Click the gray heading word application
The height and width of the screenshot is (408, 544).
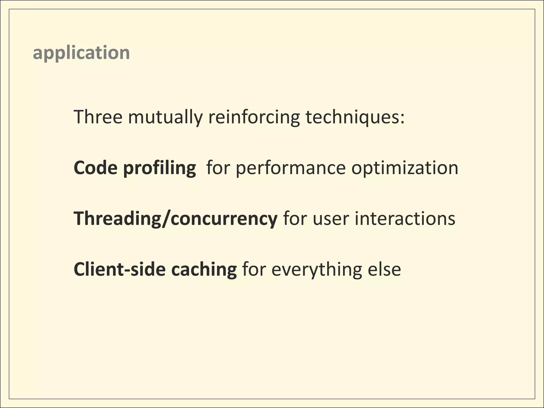coord(81,53)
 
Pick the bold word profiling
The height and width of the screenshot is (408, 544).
coord(159,168)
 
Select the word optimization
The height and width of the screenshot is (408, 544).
coord(405,168)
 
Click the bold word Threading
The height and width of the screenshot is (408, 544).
coord(117,218)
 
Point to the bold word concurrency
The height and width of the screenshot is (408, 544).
coord(224,218)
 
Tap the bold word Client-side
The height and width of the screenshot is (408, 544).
coord(120,269)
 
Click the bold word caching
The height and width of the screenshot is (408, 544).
coord(204,269)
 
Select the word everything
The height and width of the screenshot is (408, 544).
coord(316,269)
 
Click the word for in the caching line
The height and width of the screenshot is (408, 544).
coord(254,269)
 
